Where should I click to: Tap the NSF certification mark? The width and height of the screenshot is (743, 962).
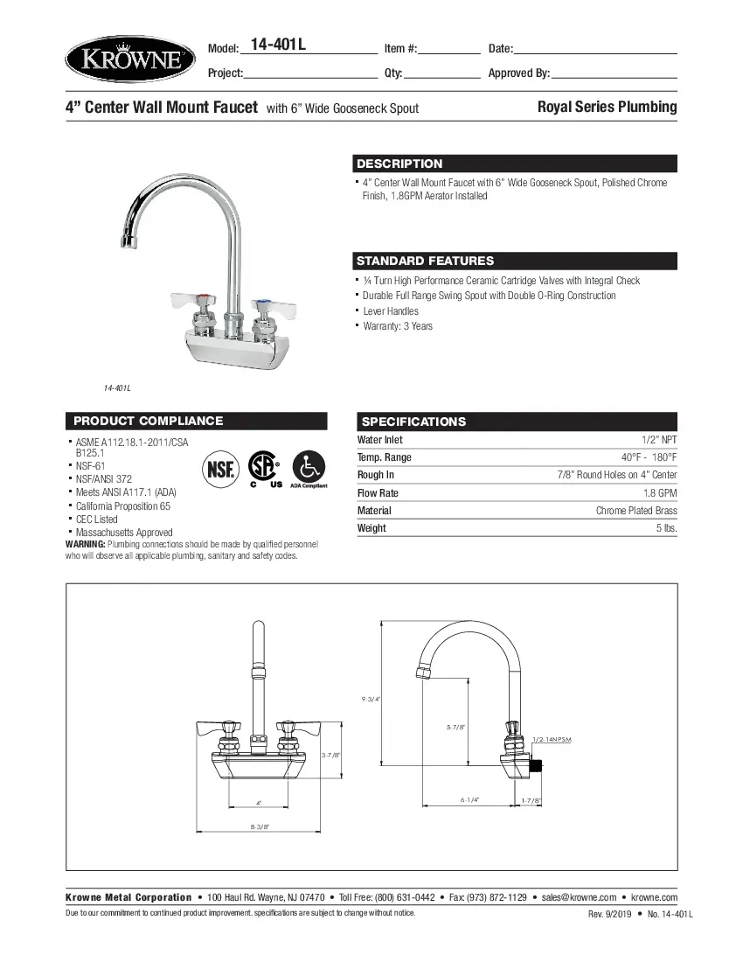click(219, 469)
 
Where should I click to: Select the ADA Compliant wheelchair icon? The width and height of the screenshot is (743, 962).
click(309, 468)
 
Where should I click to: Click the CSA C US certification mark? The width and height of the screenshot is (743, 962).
click(263, 469)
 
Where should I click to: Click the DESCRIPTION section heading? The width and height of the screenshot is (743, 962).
click(399, 164)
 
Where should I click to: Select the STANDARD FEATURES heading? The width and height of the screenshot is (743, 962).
click(425, 261)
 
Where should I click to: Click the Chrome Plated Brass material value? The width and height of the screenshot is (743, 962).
click(636, 511)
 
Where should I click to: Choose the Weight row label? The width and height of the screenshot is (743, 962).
click(371, 528)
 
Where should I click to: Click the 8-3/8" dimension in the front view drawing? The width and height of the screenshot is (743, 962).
click(260, 826)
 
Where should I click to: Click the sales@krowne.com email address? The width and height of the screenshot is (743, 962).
click(579, 897)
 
